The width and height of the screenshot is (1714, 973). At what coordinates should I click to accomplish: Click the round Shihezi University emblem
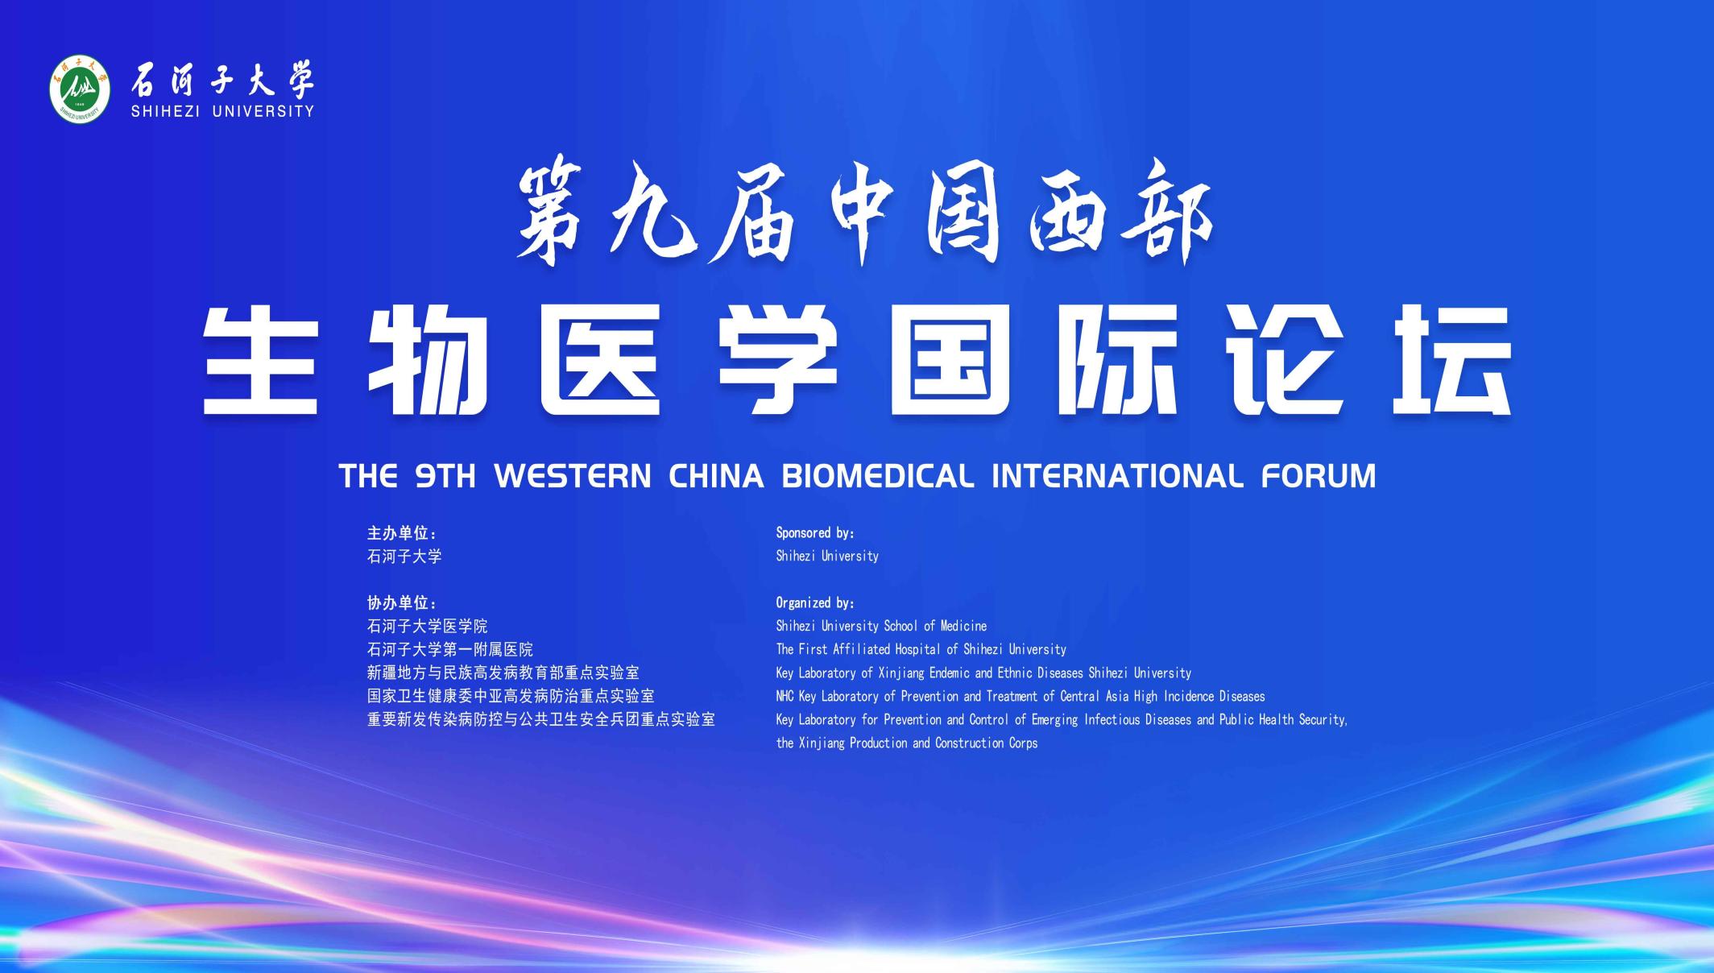coord(80,90)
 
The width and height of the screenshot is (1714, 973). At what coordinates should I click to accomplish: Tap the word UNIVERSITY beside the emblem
coord(263,111)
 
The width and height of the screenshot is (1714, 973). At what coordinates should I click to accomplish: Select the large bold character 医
coord(600,359)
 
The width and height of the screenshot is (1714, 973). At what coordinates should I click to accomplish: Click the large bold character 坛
coord(1451,359)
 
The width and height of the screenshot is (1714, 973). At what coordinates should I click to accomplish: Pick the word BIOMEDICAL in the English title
coord(877,476)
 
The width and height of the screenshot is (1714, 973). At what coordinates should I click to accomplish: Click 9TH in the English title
coord(445,476)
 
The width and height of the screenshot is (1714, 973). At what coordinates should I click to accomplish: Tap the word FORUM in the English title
coord(1319,476)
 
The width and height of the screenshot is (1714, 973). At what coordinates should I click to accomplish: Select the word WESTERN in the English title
coord(573,476)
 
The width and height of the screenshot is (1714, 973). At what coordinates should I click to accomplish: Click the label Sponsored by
coord(814,533)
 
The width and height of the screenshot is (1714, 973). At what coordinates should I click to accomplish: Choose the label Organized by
coord(814,603)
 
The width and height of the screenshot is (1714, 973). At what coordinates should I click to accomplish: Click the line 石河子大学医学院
coord(428,627)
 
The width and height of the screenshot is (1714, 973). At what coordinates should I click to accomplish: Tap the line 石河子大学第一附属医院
coord(450,650)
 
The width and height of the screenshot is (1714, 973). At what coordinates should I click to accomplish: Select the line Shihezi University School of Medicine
coord(881,627)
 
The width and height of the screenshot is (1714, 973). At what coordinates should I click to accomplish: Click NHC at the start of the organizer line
coord(785,697)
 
